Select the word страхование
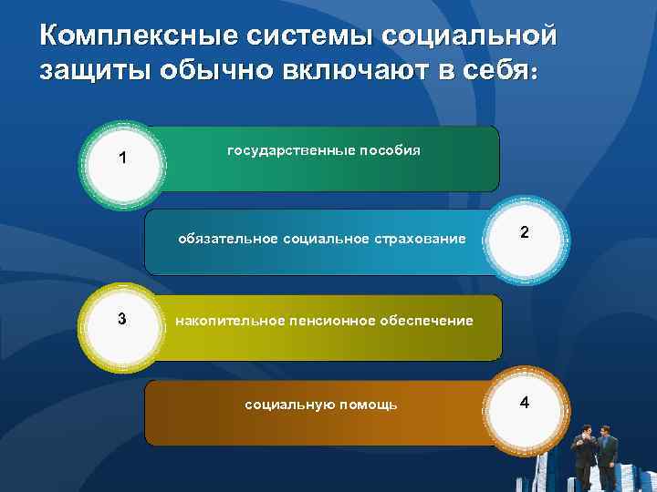(x=421, y=239)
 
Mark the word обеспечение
(x=427, y=321)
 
